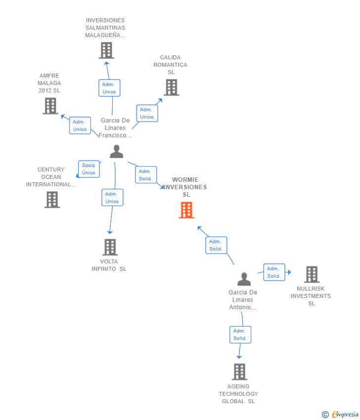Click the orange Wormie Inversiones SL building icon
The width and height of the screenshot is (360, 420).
[x=186, y=210]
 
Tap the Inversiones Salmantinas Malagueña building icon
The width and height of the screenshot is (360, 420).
[x=106, y=50]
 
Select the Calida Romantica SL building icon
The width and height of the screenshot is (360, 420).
[x=171, y=87]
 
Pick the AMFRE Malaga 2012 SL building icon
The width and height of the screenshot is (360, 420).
[x=50, y=106]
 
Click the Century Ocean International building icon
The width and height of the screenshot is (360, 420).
[x=52, y=200]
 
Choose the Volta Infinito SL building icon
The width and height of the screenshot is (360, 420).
[x=110, y=247]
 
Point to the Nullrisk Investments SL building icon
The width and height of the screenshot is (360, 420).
[x=312, y=274]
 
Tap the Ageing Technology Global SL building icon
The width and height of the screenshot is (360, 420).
[x=239, y=372]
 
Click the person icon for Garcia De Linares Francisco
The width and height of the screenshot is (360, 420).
[x=116, y=152]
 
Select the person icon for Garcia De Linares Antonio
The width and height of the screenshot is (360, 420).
[x=244, y=279]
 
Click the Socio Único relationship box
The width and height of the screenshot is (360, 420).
[x=89, y=169]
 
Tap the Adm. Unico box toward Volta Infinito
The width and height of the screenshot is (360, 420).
[x=112, y=198]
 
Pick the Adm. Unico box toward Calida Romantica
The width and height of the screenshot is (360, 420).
[x=147, y=113]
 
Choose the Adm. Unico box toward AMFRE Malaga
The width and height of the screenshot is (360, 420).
[x=80, y=126]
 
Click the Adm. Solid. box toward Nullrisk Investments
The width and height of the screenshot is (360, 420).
[x=274, y=272]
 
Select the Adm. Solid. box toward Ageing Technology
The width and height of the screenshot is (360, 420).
[x=240, y=335]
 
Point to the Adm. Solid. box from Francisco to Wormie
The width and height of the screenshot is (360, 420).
[x=146, y=175]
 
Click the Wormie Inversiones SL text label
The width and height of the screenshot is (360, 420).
[x=186, y=187]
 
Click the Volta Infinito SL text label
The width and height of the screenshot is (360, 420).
[x=109, y=265]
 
